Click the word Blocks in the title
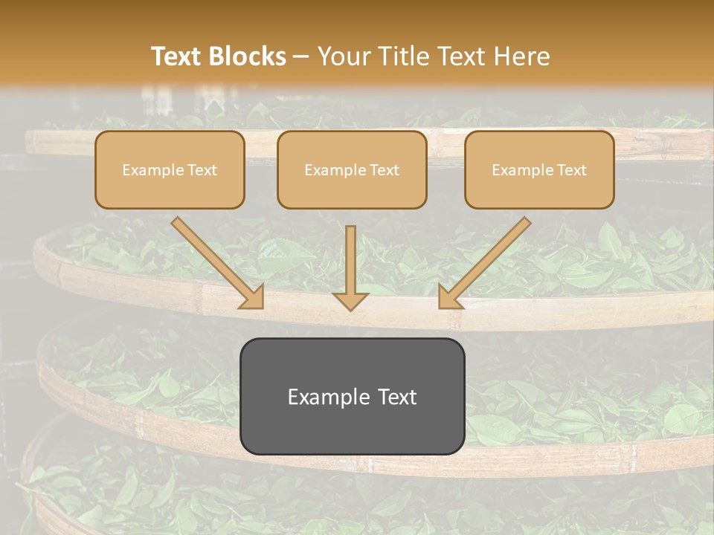[x=248, y=56]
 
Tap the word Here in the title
[x=524, y=56]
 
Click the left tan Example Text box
[x=170, y=169]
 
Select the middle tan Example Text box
[x=352, y=169]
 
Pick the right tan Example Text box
[x=539, y=169]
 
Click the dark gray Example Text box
[x=352, y=396]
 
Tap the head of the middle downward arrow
[x=350, y=300]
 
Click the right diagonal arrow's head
[x=449, y=296]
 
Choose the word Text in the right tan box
[x=572, y=170]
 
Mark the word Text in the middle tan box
[x=385, y=170]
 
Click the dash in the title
[x=301, y=56]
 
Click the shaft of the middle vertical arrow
[x=350, y=256]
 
